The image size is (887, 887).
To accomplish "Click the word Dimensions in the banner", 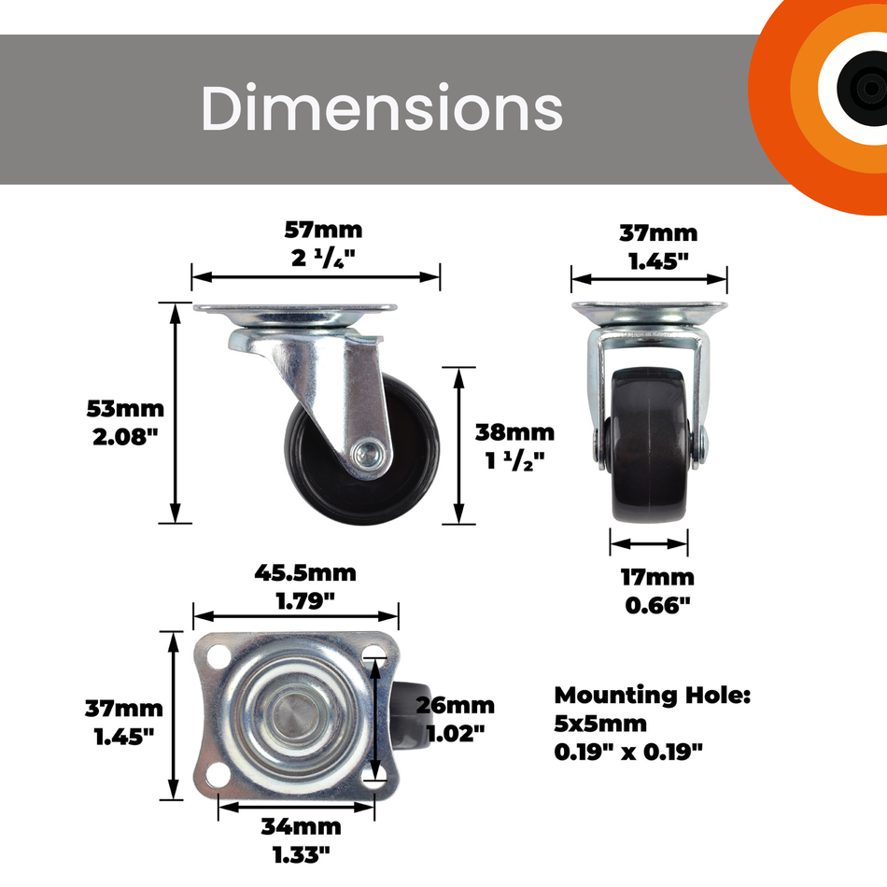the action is [382, 107].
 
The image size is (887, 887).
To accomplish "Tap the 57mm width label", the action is [323, 231].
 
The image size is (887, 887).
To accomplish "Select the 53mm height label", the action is [125, 408].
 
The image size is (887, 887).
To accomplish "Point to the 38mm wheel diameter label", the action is [514, 432].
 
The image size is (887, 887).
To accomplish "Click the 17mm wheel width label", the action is [657, 578].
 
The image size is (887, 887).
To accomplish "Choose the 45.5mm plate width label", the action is [305, 573].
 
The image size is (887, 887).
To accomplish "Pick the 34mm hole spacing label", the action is [301, 827].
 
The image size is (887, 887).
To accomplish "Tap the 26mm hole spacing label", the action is [456, 706].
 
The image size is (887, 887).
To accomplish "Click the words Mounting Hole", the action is [653, 696].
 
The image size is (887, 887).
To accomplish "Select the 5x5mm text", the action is [600, 724].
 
